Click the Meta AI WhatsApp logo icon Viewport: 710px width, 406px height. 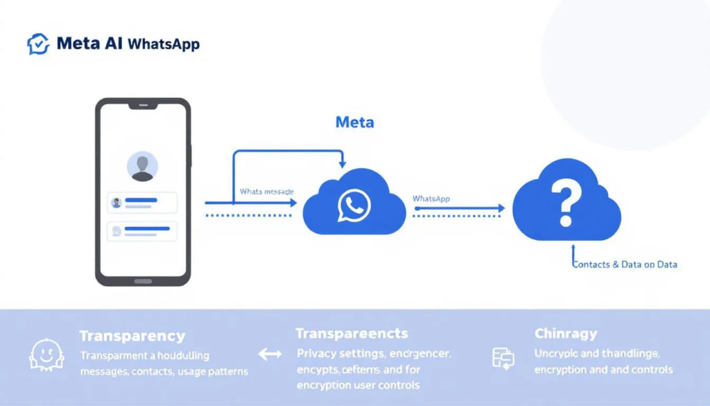[38, 44]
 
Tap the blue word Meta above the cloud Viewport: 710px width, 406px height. [354, 123]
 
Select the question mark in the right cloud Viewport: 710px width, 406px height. [566, 203]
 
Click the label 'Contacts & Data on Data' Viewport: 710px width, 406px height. [625, 264]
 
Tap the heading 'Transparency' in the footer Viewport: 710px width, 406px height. [132, 337]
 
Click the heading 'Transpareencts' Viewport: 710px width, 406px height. [352, 334]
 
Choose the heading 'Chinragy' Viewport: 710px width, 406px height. [566, 334]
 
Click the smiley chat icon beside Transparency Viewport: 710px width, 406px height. [46, 355]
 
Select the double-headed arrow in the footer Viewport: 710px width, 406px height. [270, 355]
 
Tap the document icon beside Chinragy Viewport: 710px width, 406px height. [503, 357]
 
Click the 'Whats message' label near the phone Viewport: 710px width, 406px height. [267, 191]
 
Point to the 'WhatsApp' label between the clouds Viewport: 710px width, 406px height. [431, 198]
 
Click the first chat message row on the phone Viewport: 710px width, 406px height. [142, 203]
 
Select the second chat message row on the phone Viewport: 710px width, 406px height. [142, 231]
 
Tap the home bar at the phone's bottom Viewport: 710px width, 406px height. [143, 281]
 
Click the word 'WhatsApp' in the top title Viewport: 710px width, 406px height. [164, 44]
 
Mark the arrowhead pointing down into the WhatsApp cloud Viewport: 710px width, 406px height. [342, 164]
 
